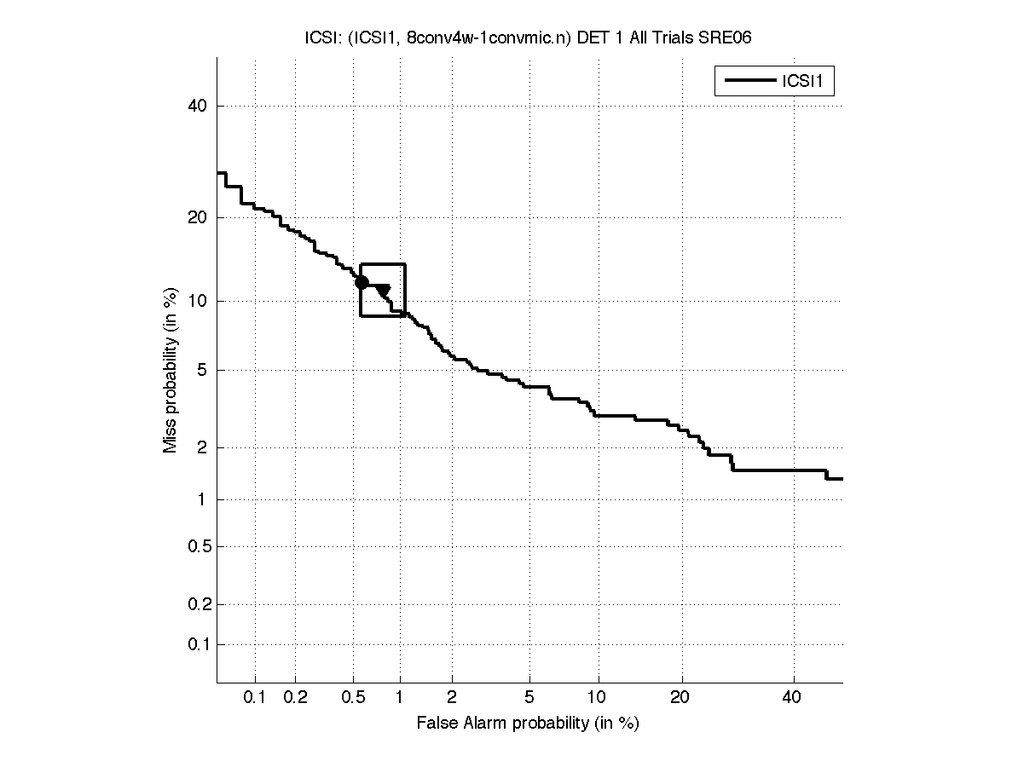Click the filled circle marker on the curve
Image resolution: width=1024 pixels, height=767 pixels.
362,282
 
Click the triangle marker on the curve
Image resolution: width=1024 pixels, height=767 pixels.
383,291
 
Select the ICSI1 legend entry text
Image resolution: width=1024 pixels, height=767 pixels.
804,82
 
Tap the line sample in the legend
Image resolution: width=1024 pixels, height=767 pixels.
748,82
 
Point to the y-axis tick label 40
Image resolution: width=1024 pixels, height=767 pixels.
197,107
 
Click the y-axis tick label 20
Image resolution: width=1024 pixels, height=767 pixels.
197,217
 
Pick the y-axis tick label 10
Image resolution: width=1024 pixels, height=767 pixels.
197,301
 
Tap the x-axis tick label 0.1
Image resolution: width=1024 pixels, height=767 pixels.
255,698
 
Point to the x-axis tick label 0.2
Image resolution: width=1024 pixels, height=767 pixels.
295,698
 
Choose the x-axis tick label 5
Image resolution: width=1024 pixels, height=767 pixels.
529,698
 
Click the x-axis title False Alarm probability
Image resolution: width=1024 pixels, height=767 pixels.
528,724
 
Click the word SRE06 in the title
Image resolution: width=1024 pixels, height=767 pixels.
724,37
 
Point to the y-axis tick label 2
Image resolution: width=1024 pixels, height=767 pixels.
201,447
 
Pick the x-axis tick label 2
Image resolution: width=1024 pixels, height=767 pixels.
452,698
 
